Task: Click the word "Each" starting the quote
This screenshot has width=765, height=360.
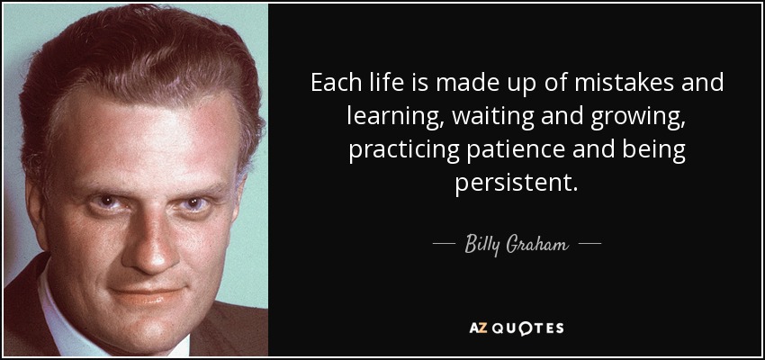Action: [x=333, y=85]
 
